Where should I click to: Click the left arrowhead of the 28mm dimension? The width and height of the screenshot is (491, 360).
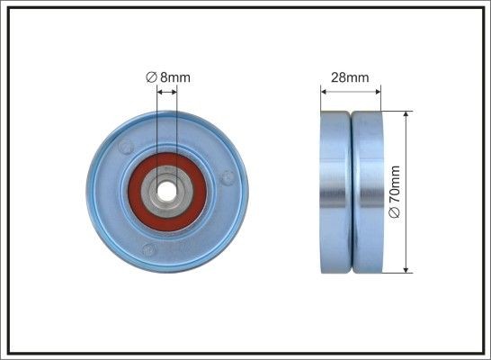pyautogui.click(x=325, y=90)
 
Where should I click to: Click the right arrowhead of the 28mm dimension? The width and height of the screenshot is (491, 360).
pyautogui.click(x=377, y=90)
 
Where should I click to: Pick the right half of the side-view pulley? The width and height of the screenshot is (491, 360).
pyautogui.click(x=366, y=192)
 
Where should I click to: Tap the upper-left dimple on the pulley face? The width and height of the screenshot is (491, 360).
pyautogui.click(x=126, y=146)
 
